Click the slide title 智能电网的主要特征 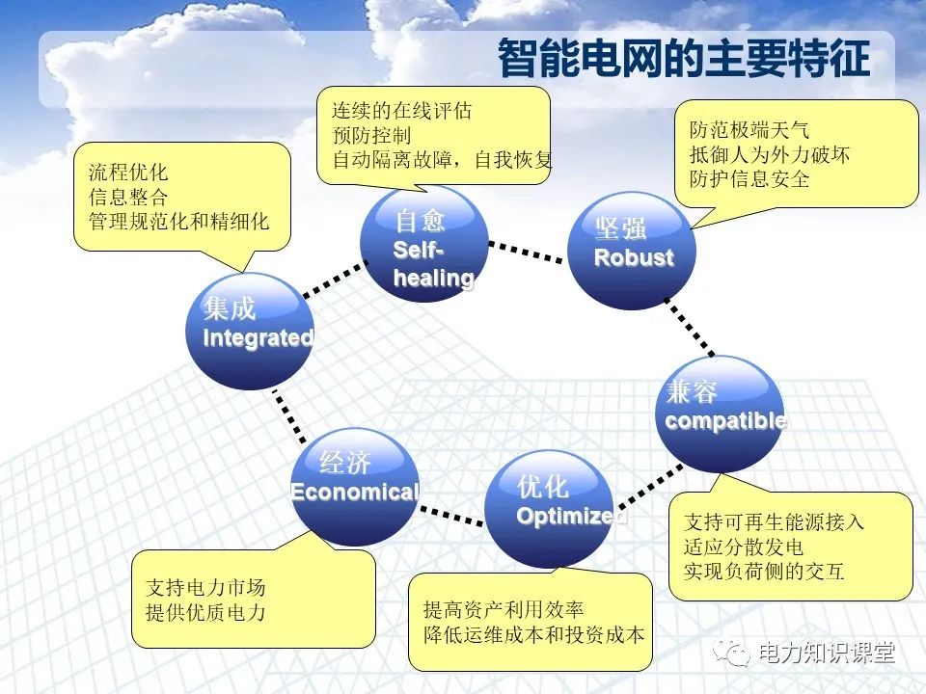683,61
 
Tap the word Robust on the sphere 633,258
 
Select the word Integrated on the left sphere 258,338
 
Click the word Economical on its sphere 355,493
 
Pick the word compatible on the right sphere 725,421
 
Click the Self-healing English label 432,264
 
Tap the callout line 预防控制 371,135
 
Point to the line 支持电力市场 205,587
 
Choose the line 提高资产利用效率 504,609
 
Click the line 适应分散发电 743,547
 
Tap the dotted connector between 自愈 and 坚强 526,253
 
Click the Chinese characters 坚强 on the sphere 620,229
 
